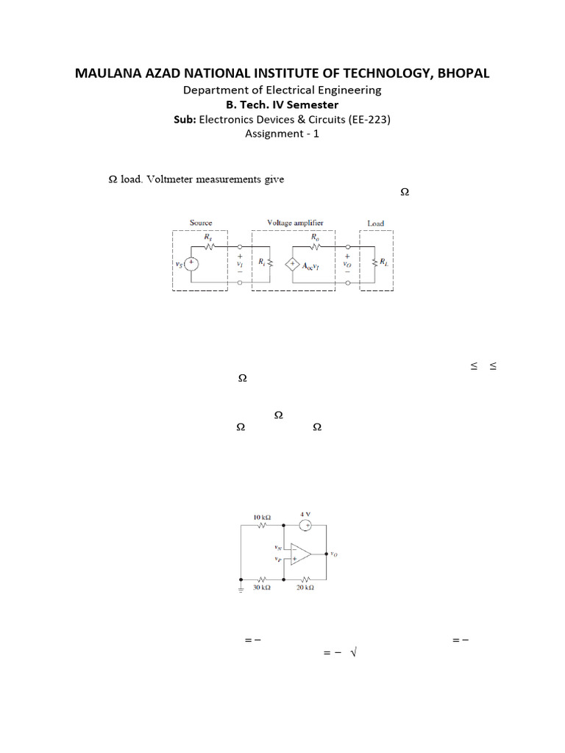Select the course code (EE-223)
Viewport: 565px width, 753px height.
pos(365,119)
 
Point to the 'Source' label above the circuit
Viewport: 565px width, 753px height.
pos(201,223)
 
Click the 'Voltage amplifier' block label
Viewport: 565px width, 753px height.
pos(295,222)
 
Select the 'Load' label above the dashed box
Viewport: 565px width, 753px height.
pos(375,224)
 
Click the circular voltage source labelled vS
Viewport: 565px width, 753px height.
pos(191,263)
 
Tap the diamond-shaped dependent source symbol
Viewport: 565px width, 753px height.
pos(293,264)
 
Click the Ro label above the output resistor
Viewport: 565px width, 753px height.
pos(315,238)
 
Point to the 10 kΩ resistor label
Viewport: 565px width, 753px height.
pos(261,518)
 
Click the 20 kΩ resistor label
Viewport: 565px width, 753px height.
pos(305,588)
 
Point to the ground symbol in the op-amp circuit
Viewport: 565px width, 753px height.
pos(241,588)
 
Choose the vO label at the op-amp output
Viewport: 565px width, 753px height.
pos(334,554)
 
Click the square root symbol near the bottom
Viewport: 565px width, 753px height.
pos(354,653)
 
